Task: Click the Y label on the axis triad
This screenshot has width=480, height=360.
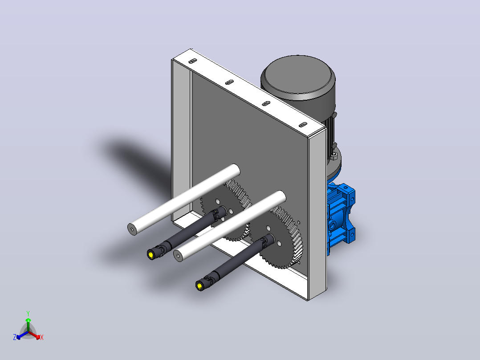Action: (x=28, y=313)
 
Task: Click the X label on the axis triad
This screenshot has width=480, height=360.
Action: (x=42, y=337)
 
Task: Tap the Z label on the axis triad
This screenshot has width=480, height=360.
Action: (x=15, y=337)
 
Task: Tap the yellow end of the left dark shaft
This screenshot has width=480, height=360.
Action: (x=151, y=255)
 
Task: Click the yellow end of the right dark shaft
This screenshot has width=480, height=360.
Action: (x=199, y=286)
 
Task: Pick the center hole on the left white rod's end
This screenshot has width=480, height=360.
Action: (x=132, y=229)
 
